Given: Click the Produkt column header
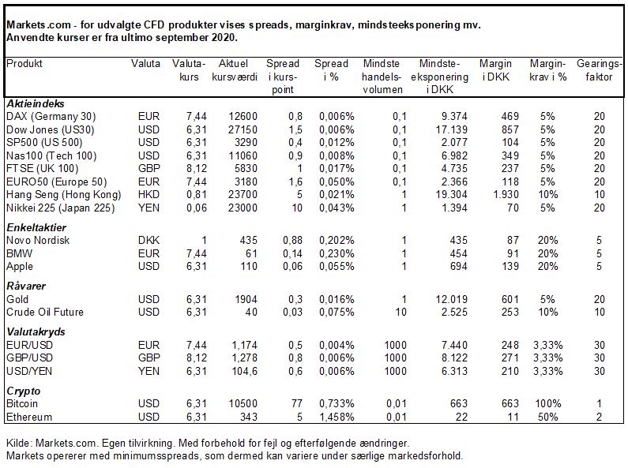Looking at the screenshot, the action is (x=24, y=64).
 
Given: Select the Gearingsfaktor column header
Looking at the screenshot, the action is (x=599, y=70).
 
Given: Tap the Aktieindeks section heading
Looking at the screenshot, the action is (x=36, y=104).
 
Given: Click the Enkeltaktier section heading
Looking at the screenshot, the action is (x=36, y=227).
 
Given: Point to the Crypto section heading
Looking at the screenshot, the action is (x=24, y=391).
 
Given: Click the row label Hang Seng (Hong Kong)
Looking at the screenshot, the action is (x=64, y=195).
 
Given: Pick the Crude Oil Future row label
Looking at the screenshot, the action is (x=45, y=312).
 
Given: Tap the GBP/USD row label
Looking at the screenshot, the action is (x=30, y=358).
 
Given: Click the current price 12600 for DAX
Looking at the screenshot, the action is (x=243, y=116).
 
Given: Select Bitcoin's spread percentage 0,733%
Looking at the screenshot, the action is (x=337, y=403).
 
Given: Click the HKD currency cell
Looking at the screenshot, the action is (x=149, y=195).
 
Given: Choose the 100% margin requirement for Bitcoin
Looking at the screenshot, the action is (x=548, y=403).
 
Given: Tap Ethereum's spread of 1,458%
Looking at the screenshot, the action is (x=337, y=417).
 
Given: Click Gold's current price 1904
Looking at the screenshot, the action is (x=246, y=299).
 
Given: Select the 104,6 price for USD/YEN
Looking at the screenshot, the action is (x=244, y=371).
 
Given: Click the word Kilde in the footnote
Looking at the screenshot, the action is (x=17, y=444).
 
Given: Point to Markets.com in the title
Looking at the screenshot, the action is (x=39, y=24).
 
